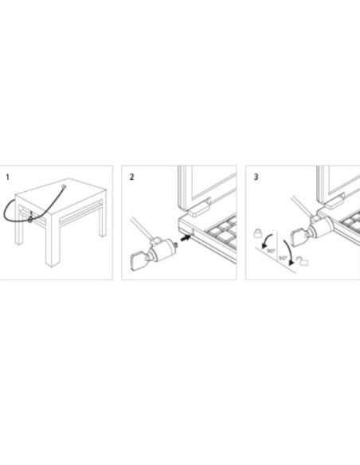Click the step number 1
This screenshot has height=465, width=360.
8,177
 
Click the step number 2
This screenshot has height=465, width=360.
131,177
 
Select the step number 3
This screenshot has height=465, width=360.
256,177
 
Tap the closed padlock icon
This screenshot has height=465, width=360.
258,232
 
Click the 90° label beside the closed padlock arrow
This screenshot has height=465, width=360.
271,251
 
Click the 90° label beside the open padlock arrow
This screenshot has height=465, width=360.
283,258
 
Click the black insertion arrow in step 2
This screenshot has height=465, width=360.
186,237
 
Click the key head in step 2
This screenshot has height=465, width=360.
138,260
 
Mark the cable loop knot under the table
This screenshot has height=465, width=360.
30,218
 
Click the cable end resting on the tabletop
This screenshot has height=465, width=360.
63,187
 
